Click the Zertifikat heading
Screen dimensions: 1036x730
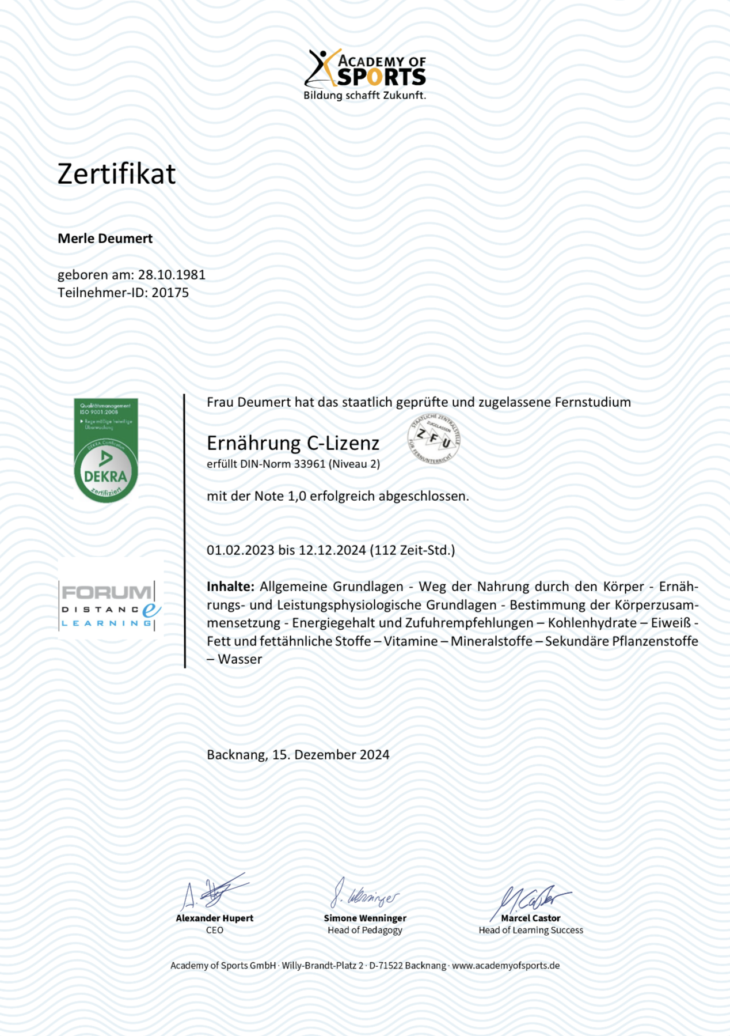click(x=116, y=173)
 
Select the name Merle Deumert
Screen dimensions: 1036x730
click(x=105, y=239)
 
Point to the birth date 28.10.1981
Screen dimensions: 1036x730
click(x=172, y=275)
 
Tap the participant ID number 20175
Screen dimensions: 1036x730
click(x=170, y=293)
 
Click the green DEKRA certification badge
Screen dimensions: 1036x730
click(x=106, y=450)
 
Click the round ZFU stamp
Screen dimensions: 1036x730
click(x=434, y=438)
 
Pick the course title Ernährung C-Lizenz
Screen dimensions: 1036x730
click(x=293, y=443)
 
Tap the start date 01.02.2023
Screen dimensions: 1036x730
click(x=240, y=550)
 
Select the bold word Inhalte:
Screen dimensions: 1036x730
click(x=230, y=587)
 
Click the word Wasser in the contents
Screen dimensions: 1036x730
click(x=240, y=659)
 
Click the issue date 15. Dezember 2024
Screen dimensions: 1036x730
click(x=330, y=755)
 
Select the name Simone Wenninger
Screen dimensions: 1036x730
click(x=365, y=918)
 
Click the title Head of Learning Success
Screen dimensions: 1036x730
click(x=531, y=930)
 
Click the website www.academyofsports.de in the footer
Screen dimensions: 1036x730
click(x=505, y=966)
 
